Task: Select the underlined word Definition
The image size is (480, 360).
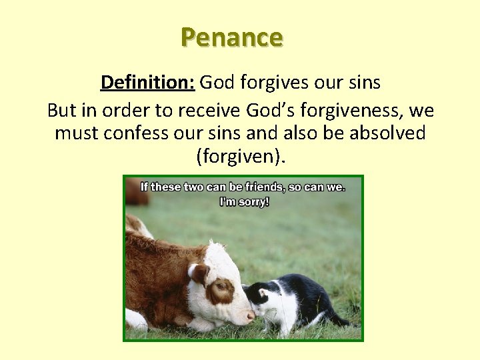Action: (147, 83)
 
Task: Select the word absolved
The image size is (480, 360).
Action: (387, 133)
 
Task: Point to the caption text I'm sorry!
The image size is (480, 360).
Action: (244, 201)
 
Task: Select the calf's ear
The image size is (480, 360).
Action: (198, 273)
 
